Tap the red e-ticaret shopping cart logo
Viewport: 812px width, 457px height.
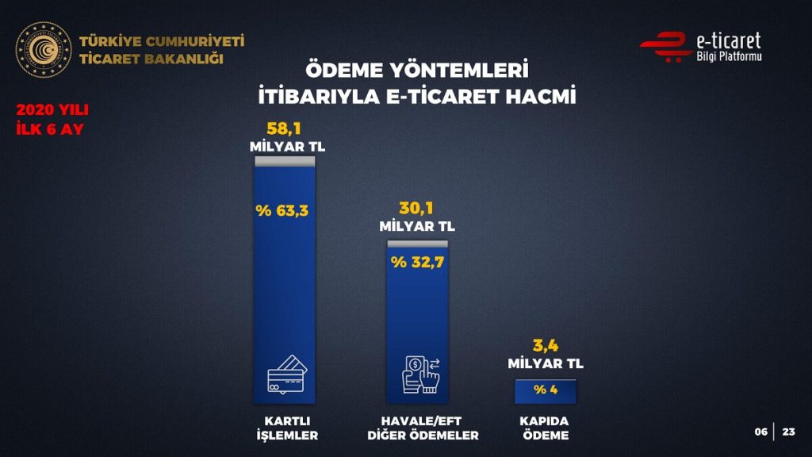point(665,46)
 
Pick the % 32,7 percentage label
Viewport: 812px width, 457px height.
point(417,261)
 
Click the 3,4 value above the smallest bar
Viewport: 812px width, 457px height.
point(545,346)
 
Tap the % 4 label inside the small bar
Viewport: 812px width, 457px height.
point(545,390)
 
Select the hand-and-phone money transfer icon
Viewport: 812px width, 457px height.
point(419,374)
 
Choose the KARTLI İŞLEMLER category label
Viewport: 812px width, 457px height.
point(285,428)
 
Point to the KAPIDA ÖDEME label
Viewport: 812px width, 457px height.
point(545,428)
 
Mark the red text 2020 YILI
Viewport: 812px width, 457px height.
point(52,111)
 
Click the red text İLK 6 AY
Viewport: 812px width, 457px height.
point(49,129)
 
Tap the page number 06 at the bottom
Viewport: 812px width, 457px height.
point(760,432)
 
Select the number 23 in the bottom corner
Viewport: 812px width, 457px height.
point(788,432)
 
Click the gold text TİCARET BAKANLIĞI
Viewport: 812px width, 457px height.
point(151,60)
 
